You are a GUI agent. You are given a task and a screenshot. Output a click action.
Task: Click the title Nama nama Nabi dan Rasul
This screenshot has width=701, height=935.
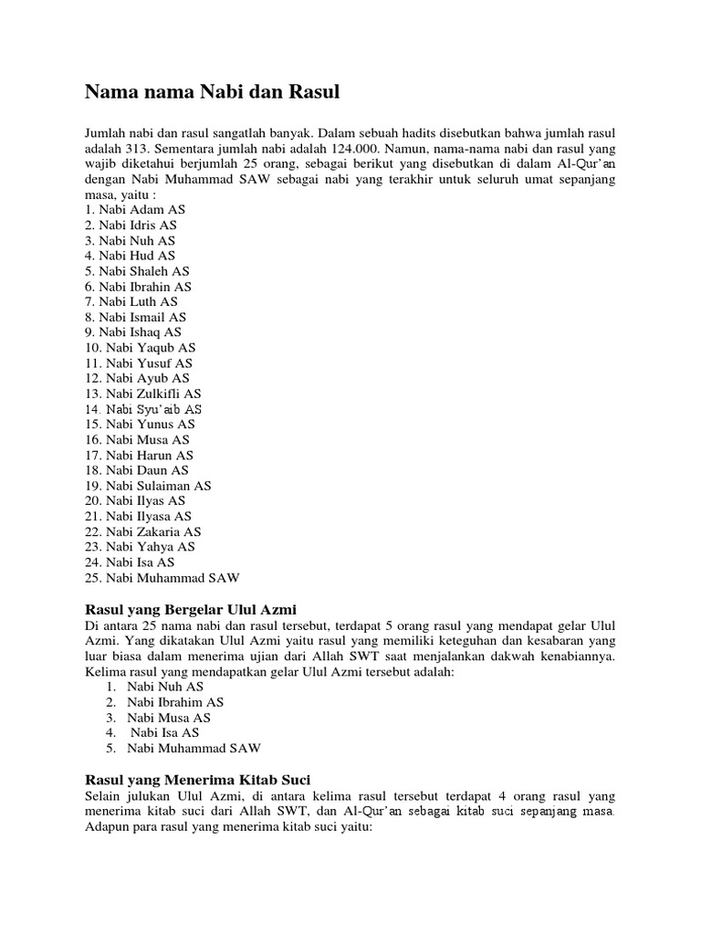pos(212,91)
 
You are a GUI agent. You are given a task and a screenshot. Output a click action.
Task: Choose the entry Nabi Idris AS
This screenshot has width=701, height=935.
pos(131,225)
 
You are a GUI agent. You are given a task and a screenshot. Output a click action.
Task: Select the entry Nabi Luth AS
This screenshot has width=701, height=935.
pos(131,301)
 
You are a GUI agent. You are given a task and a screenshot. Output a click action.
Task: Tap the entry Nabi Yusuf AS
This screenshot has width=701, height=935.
pos(141,362)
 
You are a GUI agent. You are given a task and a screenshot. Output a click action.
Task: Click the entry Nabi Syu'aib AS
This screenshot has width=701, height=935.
pos(145,409)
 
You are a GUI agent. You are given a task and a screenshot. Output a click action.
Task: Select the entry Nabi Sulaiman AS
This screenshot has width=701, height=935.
pos(148,486)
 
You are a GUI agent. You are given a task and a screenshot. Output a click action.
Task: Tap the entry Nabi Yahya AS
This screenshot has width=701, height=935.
pos(141,547)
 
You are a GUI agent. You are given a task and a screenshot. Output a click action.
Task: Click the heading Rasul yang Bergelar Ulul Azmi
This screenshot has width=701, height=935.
pos(191,608)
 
